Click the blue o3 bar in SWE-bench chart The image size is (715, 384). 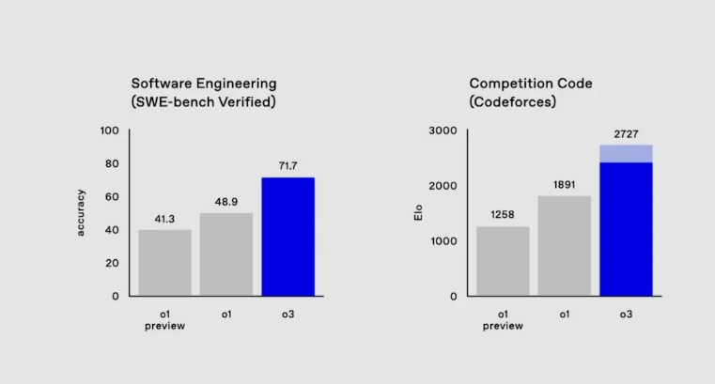[x=288, y=237]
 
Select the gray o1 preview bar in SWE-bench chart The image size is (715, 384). [x=164, y=263]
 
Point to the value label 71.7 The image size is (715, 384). [x=288, y=165]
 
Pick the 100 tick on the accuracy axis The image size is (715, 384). [x=109, y=131]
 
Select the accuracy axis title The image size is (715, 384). [x=81, y=213]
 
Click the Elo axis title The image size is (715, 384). [x=418, y=213]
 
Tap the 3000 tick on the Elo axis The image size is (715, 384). [x=442, y=131]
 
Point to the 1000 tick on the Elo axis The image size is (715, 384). [x=442, y=241]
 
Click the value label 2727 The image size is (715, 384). [x=626, y=134]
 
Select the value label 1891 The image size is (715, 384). [x=564, y=185]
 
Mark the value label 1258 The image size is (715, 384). [x=503, y=215]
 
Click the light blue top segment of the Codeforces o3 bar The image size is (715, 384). [x=626, y=153]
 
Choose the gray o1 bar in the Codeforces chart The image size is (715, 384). [x=564, y=246]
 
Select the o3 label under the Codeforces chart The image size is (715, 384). [x=626, y=314]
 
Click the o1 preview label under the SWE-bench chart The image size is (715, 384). [x=164, y=319]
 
